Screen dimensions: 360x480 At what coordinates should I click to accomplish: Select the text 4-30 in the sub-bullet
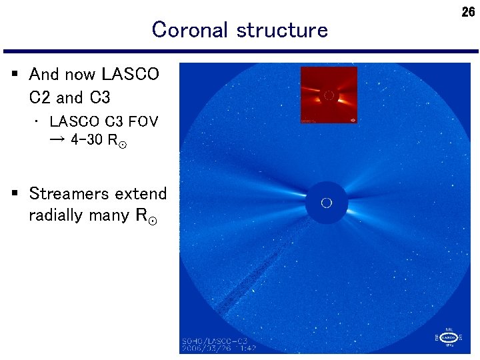click(87, 140)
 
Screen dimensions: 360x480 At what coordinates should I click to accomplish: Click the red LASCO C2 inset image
click(328, 95)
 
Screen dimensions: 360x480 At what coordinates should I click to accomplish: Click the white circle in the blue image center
click(326, 203)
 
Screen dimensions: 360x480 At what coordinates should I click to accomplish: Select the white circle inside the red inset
click(328, 96)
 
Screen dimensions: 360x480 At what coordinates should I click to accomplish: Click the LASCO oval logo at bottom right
click(449, 338)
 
